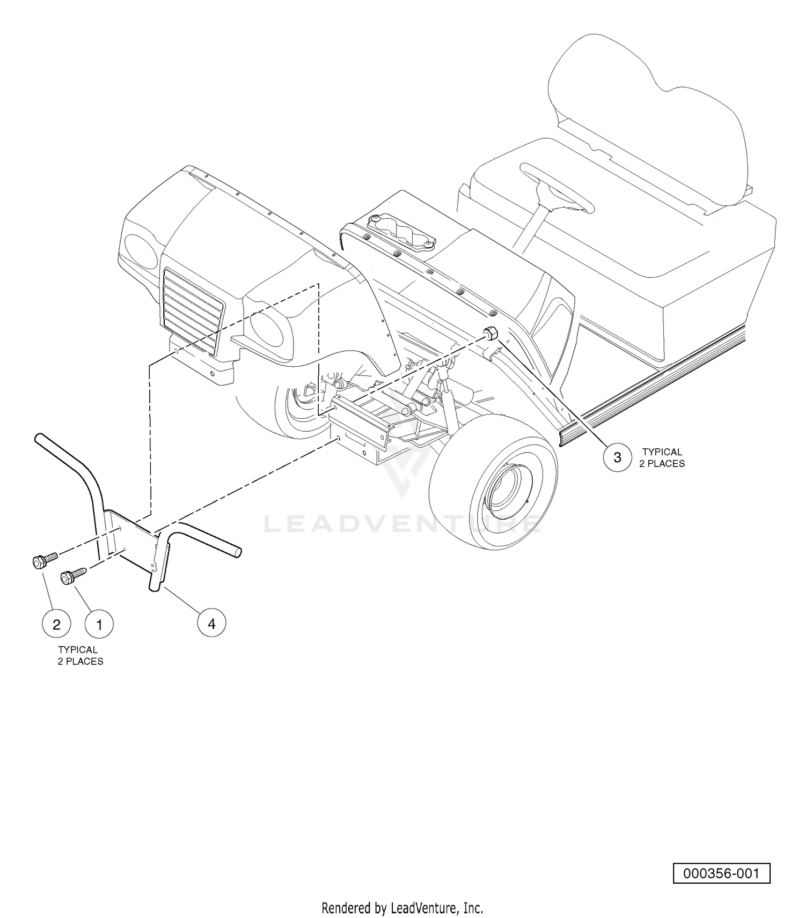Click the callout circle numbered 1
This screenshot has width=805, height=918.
click(x=99, y=624)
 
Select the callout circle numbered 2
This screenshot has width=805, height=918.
click(x=56, y=624)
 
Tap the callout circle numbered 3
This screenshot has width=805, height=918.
click(x=617, y=457)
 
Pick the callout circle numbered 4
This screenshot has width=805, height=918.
click(x=211, y=623)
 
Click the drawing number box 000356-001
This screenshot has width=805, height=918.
click(x=721, y=873)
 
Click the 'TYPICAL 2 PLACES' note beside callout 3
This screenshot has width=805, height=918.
click(x=662, y=457)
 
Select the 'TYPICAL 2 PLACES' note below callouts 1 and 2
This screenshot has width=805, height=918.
click(x=80, y=655)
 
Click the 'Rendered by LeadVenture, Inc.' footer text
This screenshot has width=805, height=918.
click(x=402, y=908)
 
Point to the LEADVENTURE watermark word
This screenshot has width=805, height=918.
click(x=402, y=524)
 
